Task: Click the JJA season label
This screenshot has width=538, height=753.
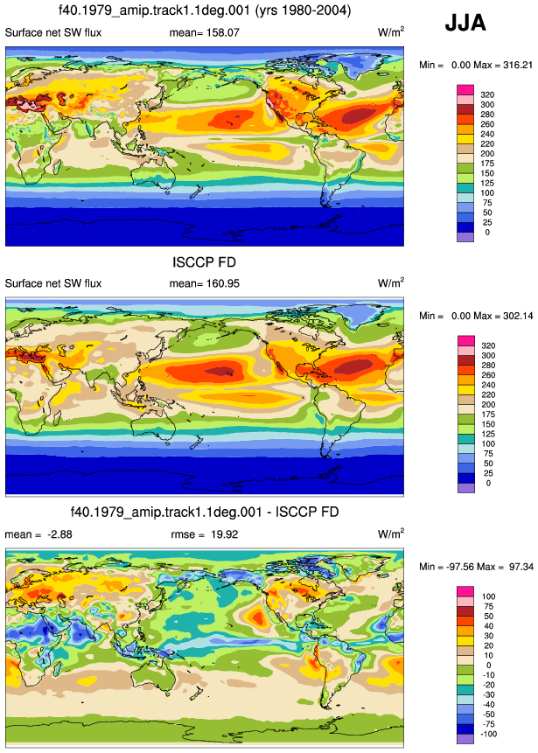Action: (465, 23)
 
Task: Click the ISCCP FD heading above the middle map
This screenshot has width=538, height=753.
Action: (204, 262)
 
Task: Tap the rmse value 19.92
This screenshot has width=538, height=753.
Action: (224, 534)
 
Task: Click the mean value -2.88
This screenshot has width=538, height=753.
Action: (59, 534)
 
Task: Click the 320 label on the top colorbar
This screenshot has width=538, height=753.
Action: (487, 94)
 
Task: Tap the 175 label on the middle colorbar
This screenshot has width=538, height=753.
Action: (488, 415)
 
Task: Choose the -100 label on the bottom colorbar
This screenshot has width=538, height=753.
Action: (488, 735)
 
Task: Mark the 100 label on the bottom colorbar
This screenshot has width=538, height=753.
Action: (489, 596)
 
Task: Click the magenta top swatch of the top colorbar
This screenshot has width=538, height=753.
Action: (465, 90)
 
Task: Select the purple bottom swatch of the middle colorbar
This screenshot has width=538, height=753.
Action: (465, 488)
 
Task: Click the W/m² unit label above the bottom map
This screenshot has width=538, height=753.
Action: (391, 533)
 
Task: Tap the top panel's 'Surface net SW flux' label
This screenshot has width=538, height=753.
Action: (53, 32)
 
